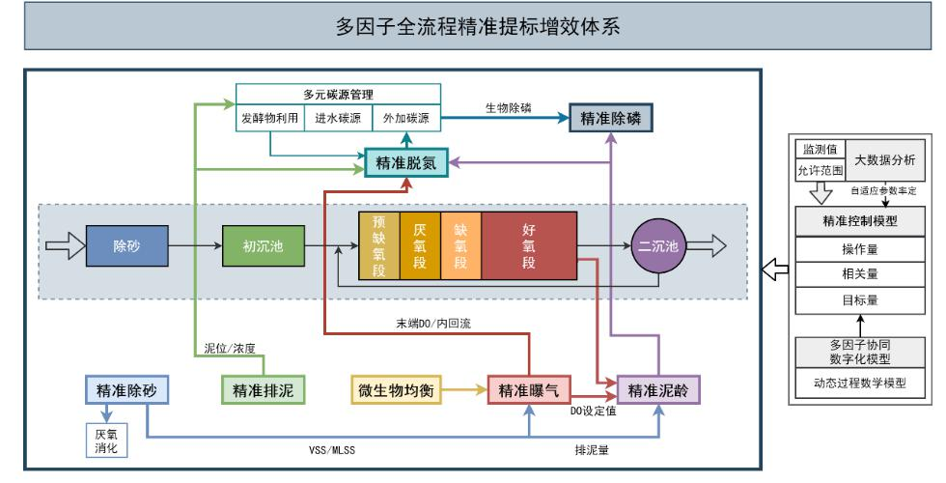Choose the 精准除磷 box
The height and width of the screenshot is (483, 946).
pyautogui.click(x=610, y=118)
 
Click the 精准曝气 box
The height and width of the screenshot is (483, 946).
pyautogui.click(x=529, y=390)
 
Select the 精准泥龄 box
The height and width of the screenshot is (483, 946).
pyautogui.click(x=658, y=390)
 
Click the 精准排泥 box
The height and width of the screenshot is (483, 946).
pyautogui.click(x=263, y=390)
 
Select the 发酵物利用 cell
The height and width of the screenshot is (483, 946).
pyautogui.click(x=271, y=119)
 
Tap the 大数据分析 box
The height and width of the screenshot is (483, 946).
pyautogui.click(x=882, y=157)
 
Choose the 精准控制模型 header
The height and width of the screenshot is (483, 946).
pyautogui.click(x=855, y=220)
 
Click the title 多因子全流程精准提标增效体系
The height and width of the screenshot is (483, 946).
pyautogui.click(x=473, y=28)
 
